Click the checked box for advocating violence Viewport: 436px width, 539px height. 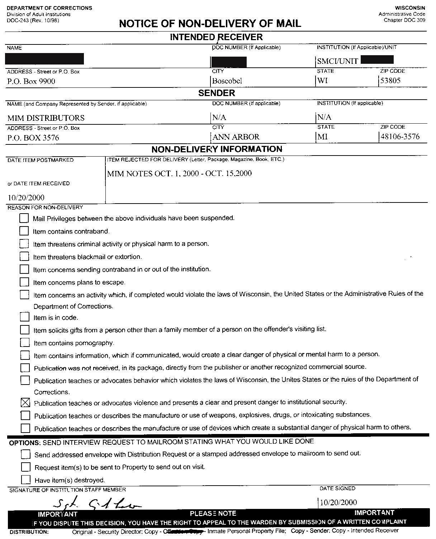pos(25,402)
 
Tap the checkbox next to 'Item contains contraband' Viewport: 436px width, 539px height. pos(24,230)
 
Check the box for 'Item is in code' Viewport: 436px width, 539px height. pos(24,317)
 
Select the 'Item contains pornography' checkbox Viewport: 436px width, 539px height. pos(25,342)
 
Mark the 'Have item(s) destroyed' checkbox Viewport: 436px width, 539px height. pos(25,480)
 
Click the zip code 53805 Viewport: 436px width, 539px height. pos(390,81)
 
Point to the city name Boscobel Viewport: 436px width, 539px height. pos(227,81)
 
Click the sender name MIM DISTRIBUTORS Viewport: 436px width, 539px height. pos(46,118)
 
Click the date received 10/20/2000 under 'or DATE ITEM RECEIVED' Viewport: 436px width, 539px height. pos(26,197)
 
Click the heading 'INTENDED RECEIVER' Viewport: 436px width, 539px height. pos(216,37)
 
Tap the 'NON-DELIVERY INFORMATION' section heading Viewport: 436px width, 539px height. pos(217,149)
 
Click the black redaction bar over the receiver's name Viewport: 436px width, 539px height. pos(45,59)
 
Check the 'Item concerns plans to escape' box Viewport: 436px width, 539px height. pos(24,282)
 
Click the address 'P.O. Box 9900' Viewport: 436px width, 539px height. pos(31,81)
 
